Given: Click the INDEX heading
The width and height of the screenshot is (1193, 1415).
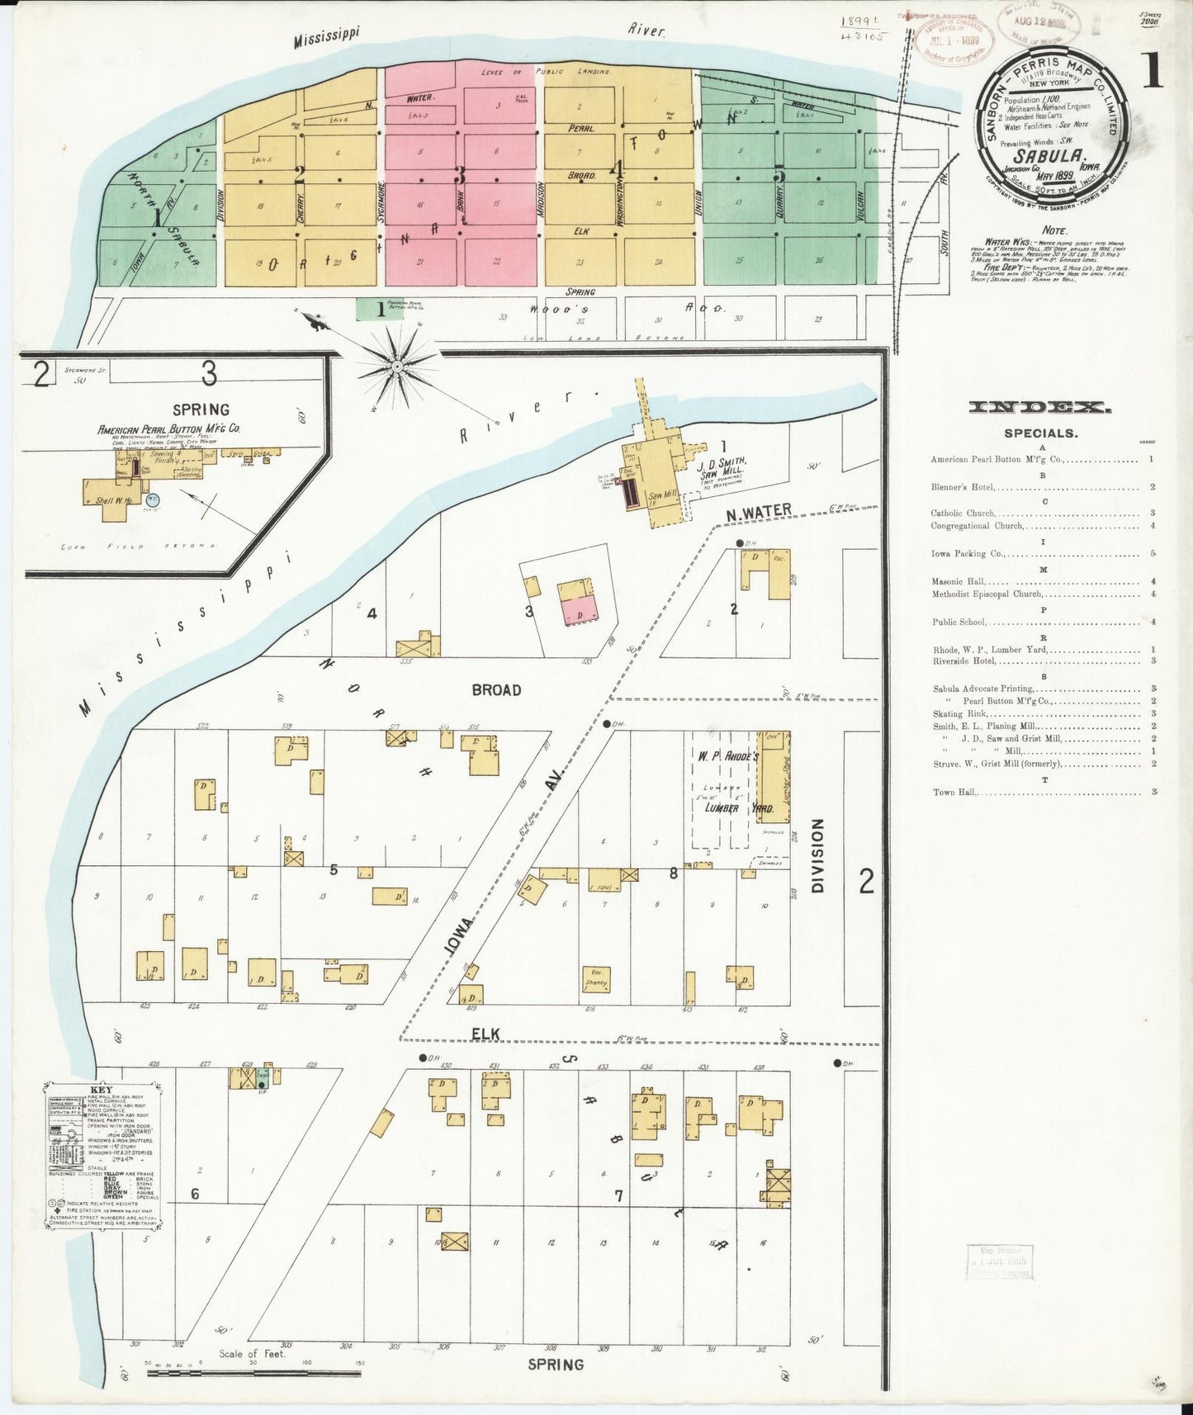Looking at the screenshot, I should coord(1039,407).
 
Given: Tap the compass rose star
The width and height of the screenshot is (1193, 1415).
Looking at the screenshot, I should coord(397,365).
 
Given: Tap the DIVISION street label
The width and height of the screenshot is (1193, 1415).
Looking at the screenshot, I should coord(818,855).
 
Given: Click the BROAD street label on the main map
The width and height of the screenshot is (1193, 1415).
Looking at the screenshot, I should coord(496,689).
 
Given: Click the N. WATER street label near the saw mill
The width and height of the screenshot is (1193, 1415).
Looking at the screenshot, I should coord(758,513).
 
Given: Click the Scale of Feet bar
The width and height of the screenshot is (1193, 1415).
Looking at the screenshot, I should coord(253,1372).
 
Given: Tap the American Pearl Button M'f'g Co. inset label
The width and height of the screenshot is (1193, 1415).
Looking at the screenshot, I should coord(168,429).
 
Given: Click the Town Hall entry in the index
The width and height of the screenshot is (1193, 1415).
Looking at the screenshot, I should coord(955,792).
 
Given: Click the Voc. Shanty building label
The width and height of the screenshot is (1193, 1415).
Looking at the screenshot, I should coord(595,977).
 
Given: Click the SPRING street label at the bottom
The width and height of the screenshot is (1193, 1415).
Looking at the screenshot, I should coord(555,1365).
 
